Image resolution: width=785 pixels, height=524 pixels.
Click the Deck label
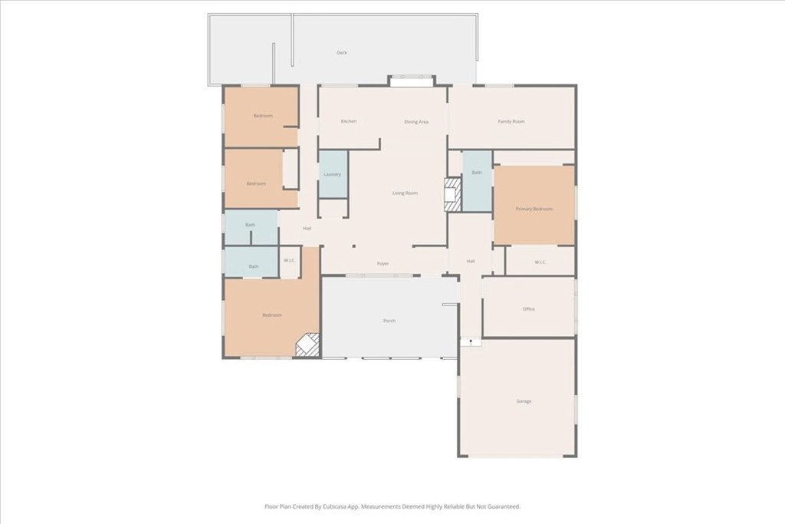[342, 53]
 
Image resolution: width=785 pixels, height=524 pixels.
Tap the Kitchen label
[349, 121]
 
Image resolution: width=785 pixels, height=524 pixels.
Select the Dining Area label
[416, 122]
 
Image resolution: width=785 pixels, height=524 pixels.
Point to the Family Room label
[511, 121]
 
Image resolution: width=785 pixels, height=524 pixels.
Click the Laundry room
[333, 174]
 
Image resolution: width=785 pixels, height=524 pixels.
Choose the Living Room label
[405, 193]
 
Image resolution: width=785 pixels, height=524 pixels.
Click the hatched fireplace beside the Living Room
[453, 195]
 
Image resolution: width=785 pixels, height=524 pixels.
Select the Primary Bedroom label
[534, 209]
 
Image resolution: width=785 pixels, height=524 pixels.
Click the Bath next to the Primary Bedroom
[477, 181]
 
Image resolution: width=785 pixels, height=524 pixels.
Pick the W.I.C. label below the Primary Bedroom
[540, 262]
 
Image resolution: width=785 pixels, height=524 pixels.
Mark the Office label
[529, 309]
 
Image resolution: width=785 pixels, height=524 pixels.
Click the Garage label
[524, 401]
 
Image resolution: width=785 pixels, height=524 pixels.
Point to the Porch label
[389, 321]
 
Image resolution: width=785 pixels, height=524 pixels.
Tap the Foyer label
[383, 263]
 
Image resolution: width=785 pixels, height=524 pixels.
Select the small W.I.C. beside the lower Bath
[289, 262]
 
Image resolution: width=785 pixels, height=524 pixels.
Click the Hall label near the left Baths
[307, 229]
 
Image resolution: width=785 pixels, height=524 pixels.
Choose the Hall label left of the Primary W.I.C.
[471, 262]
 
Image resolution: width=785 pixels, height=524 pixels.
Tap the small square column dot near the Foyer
[353, 246]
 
